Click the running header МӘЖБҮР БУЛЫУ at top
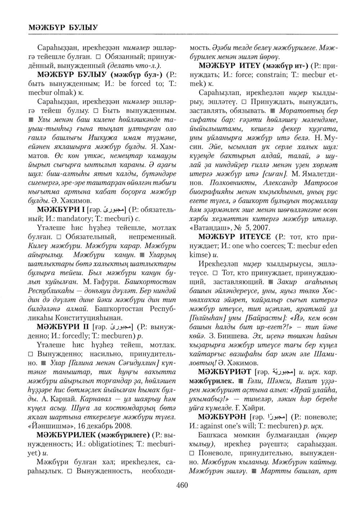tap(59, 27)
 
